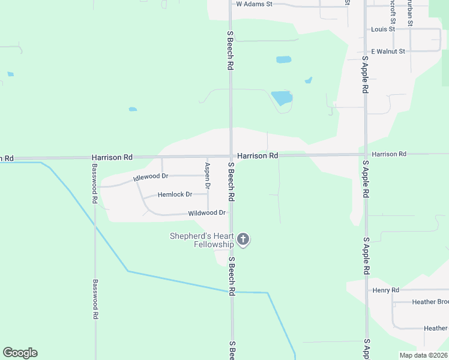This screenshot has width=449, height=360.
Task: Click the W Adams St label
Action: pos(254,4)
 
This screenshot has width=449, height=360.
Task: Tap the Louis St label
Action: pos(382,29)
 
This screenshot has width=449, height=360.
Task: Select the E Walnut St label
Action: pos(388,52)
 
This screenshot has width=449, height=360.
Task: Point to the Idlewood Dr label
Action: pos(151,177)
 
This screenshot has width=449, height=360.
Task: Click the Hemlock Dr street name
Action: pos(175,194)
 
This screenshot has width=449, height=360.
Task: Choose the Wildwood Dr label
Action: pos(206,213)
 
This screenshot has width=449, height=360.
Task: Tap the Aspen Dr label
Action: pos(208,176)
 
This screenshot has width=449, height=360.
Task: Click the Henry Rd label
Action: pos(385,290)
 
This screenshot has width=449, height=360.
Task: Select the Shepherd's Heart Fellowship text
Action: pos(202,240)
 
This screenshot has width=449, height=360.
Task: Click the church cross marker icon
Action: pos(243,240)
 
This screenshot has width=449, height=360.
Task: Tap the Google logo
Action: pos(20,353)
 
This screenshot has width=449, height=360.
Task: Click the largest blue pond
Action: pos(282,98)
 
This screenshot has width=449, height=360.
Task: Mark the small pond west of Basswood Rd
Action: pos(10,74)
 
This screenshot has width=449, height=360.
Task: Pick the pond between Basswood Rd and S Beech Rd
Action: pos(133,109)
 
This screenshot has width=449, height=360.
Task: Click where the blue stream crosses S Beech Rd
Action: pos(232,292)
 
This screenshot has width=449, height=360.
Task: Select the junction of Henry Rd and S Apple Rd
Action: pos(367,290)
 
